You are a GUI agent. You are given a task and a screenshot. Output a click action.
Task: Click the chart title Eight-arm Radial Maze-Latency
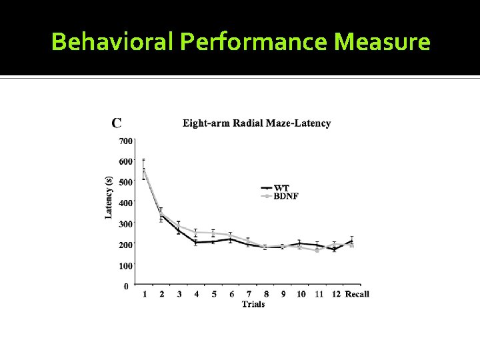[x=257, y=123]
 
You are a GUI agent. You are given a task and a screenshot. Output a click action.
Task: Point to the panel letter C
[x=117, y=123]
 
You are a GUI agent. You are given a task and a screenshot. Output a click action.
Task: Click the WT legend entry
[x=282, y=188]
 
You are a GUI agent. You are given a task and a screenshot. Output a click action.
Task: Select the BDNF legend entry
[x=287, y=196]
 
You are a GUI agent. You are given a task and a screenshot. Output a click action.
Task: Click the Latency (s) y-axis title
[x=109, y=197]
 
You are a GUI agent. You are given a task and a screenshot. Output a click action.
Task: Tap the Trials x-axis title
[x=253, y=304]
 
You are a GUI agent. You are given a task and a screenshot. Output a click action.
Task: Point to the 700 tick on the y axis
[x=125, y=141]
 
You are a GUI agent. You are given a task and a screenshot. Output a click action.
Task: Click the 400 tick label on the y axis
[x=125, y=203]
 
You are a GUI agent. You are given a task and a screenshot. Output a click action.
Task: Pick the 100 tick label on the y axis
[x=125, y=265]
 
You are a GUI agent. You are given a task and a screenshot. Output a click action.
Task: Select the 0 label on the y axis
[x=127, y=286]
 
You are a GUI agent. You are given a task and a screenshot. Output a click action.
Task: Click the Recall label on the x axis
[x=357, y=294]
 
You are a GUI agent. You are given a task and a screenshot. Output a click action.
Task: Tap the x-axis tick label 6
[x=231, y=294]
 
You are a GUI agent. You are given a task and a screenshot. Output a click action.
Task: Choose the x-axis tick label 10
[x=301, y=294]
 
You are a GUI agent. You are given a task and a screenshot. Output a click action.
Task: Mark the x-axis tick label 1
[x=145, y=294]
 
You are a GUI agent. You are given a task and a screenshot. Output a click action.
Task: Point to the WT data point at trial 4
[x=196, y=242]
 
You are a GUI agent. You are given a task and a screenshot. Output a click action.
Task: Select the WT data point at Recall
[x=351, y=241]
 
